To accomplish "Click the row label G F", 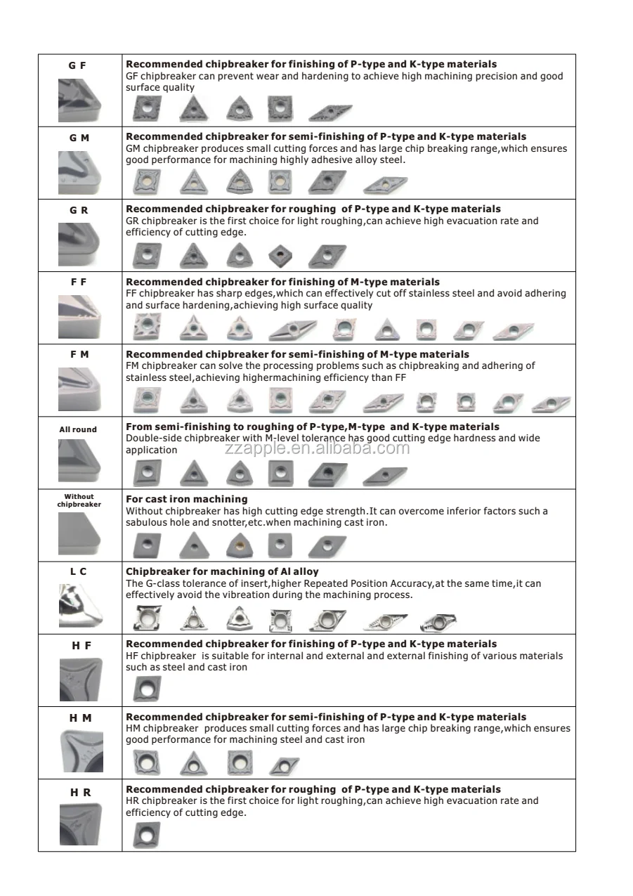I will tap(77, 65).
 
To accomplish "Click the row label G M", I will tap(79, 138).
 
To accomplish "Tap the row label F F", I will tap(79, 282).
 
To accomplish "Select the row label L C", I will tap(79, 572).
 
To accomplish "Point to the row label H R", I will tap(80, 793).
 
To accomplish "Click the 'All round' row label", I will tap(78, 429).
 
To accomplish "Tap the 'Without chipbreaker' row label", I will tap(79, 500).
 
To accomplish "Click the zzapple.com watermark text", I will tap(317, 448).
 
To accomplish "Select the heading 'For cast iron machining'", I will tap(186, 500).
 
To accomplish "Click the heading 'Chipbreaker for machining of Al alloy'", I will tap(222, 572).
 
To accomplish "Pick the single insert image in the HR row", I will tap(146, 835).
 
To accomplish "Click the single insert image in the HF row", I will tap(146, 689).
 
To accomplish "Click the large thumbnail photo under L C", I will tap(79, 604).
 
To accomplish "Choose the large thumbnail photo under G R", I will tap(79, 243).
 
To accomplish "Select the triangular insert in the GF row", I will tap(193, 109).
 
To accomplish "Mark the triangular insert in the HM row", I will tap(193, 763).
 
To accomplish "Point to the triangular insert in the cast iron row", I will tap(193, 545).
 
